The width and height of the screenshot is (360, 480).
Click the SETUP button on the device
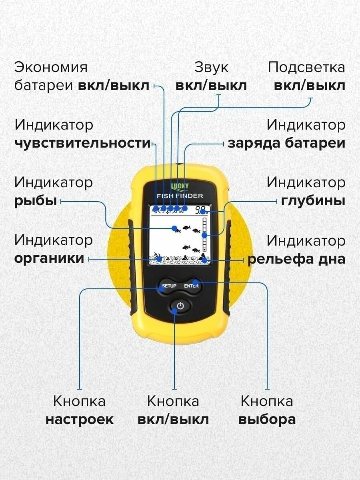click(x=168, y=286)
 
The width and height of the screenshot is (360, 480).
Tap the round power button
click(x=180, y=307)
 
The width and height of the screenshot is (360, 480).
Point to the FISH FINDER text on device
click(x=180, y=196)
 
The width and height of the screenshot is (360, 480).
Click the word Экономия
click(x=51, y=67)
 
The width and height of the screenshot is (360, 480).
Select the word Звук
click(x=211, y=67)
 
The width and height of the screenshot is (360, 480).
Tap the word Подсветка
click(x=306, y=67)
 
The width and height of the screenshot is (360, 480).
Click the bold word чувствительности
click(x=82, y=143)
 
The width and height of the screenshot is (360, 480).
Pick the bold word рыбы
click(x=35, y=201)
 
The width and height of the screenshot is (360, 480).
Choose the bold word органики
click(x=49, y=258)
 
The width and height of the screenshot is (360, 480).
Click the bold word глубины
click(x=313, y=201)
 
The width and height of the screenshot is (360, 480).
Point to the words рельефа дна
click(x=296, y=259)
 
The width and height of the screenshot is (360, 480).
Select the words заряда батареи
click(x=286, y=143)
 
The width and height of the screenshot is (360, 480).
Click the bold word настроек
click(x=79, y=420)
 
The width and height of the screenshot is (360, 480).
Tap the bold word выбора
click(x=267, y=420)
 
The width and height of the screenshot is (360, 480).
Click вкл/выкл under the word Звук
click(x=211, y=86)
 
